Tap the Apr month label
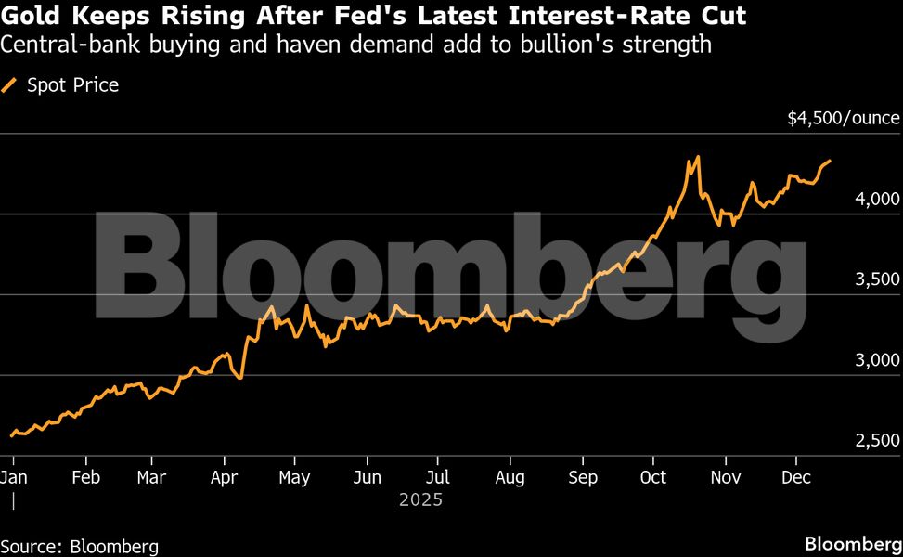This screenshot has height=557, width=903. [224, 476]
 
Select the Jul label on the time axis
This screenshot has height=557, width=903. [438, 476]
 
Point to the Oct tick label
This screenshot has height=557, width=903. [653, 476]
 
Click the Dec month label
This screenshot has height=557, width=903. [795, 476]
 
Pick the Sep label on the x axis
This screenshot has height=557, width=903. [583, 476]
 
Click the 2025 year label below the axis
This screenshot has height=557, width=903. [420, 499]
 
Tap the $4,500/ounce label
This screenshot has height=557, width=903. [843, 118]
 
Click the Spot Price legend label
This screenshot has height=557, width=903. [72, 85]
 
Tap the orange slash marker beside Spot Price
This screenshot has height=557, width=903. [11, 85]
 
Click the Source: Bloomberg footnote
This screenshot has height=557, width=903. [80, 546]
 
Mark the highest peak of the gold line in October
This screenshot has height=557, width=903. [697, 157]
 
